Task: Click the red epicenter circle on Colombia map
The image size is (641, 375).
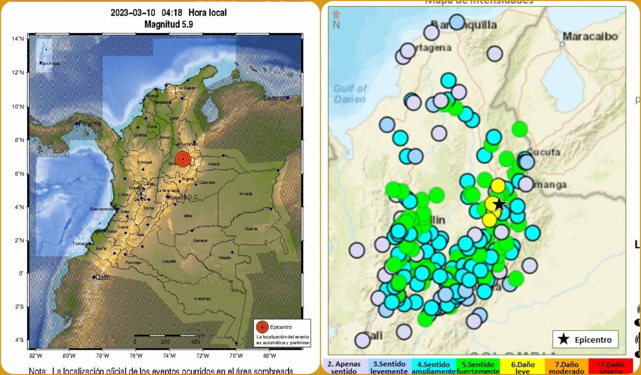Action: (183, 159)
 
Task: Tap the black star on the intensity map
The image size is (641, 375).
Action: (499, 204)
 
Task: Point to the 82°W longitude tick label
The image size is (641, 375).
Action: (36, 356)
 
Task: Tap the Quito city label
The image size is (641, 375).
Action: (101, 277)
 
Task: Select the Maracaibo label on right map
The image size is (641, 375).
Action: (590, 37)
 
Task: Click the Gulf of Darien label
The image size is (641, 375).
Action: (350, 94)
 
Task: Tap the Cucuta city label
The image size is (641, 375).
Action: (543, 153)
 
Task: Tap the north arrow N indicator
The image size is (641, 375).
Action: (336, 19)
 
